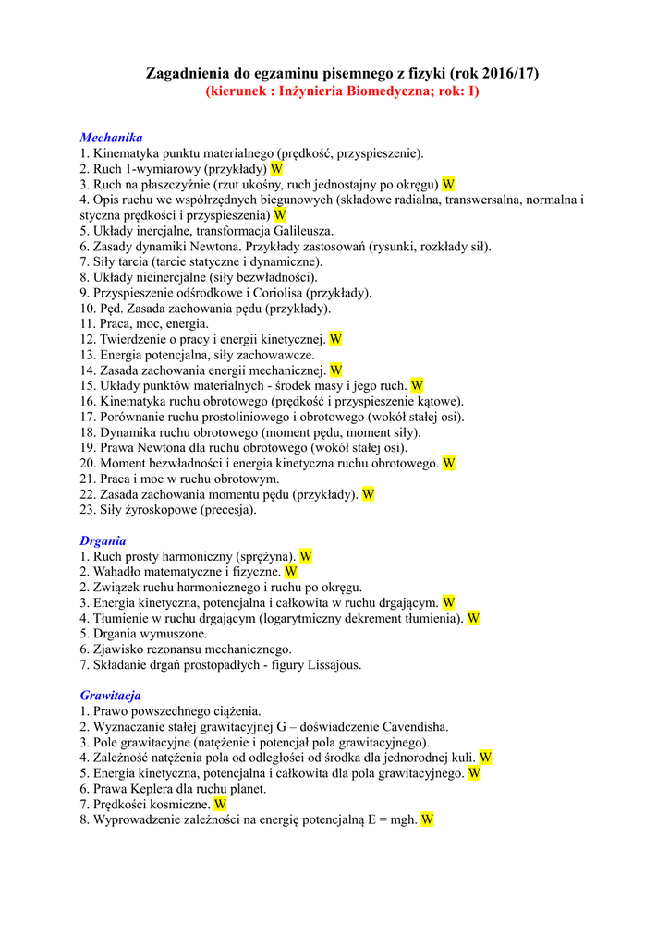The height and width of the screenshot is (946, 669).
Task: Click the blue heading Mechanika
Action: pyautogui.click(x=111, y=138)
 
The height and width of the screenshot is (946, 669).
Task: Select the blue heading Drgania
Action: pyautogui.click(x=103, y=540)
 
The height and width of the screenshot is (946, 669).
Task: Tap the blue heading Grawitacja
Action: pyautogui.click(x=110, y=696)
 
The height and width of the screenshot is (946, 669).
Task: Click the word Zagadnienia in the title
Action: pyautogui.click(x=186, y=73)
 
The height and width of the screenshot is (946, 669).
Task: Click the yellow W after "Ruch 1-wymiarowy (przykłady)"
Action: pyautogui.click(x=276, y=169)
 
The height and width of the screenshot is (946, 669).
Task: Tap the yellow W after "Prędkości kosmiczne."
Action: pyautogui.click(x=220, y=805)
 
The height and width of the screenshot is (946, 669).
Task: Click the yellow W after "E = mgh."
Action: pyautogui.click(x=427, y=819)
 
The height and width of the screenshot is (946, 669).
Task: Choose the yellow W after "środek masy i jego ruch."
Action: pyautogui.click(x=417, y=385)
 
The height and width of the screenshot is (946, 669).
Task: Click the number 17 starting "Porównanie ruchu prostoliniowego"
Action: pyautogui.click(x=87, y=417)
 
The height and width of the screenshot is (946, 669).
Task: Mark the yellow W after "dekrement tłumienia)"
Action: pyautogui.click(x=473, y=618)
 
